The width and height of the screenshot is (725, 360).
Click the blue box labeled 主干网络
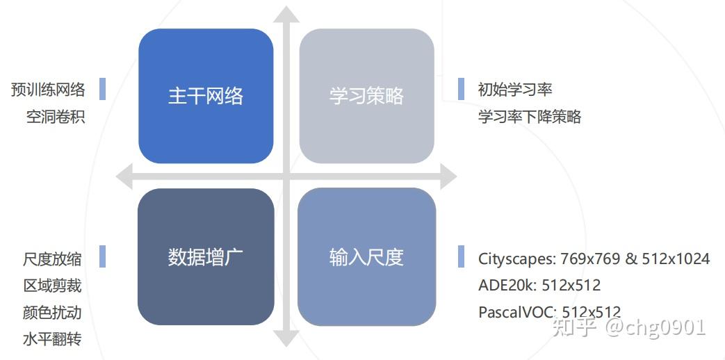tap(206, 96)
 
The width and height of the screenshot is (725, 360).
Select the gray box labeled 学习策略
tap(366, 96)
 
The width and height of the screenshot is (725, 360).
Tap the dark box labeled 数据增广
tap(206, 256)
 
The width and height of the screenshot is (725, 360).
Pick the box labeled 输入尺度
tap(366, 256)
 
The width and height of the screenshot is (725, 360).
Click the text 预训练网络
tap(48, 89)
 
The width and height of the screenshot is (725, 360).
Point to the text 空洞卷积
tap(56, 117)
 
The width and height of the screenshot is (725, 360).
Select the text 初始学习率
tap(515, 89)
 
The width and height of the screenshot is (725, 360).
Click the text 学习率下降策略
tap(530, 117)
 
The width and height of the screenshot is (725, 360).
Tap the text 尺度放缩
tap(51, 259)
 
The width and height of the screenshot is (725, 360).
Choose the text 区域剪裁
tap(51, 286)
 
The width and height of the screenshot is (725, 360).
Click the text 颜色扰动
tap(51, 313)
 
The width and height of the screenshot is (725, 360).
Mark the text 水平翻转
tap(51, 339)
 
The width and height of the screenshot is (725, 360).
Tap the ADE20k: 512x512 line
tap(539, 285)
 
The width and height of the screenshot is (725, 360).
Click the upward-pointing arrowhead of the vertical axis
tap(286, 15)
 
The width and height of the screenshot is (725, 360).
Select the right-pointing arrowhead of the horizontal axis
tap(448, 176)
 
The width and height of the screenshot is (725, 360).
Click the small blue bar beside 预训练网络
tap(102, 89)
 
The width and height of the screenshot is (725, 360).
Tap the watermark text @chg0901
tap(655, 327)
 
